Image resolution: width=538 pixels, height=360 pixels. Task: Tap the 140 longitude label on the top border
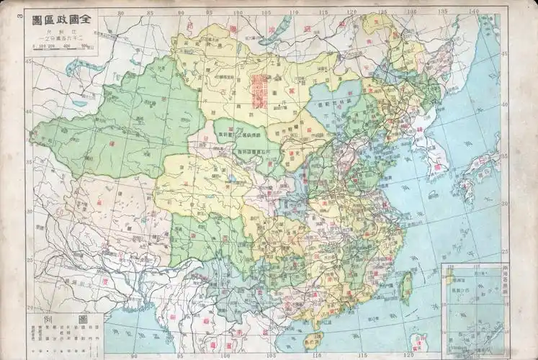point(473,12)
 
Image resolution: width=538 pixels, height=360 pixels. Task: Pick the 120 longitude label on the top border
point(351,12)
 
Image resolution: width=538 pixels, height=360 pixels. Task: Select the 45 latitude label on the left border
point(29,62)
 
